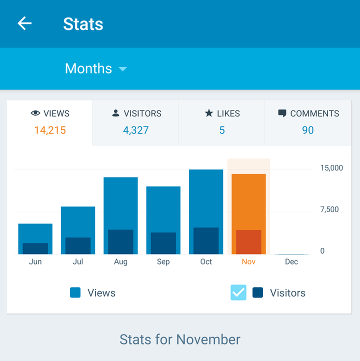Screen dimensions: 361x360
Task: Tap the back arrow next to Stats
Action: click(x=24, y=23)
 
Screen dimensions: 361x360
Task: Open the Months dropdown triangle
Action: click(x=123, y=69)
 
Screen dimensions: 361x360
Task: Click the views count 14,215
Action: click(x=50, y=130)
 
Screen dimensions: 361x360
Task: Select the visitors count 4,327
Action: click(x=136, y=130)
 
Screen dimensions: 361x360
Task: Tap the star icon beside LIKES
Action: click(x=209, y=113)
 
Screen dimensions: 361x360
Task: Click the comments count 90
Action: click(x=307, y=130)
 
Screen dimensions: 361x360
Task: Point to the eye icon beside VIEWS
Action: click(x=35, y=113)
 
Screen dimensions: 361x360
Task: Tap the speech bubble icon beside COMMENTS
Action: click(x=282, y=113)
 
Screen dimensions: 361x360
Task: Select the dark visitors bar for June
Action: click(x=35, y=248)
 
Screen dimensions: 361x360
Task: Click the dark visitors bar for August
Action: click(x=120, y=242)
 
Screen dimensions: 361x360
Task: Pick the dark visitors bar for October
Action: click(x=206, y=241)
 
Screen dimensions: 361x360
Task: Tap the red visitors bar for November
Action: click(x=248, y=242)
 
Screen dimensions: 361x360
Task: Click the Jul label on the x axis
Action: click(x=78, y=261)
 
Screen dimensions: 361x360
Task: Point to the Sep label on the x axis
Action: click(x=163, y=261)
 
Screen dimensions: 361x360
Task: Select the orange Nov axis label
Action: click(x=248, y=261)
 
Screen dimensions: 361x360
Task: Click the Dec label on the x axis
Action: click(x=291, y=261)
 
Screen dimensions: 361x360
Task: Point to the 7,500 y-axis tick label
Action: click(x=329, y=209)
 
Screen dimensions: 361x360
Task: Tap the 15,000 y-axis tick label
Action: click(x=331, y=168)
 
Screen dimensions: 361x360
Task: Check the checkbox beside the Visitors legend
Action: click(x=238, y=292)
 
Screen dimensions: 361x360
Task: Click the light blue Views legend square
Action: click(x=75, y=293)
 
